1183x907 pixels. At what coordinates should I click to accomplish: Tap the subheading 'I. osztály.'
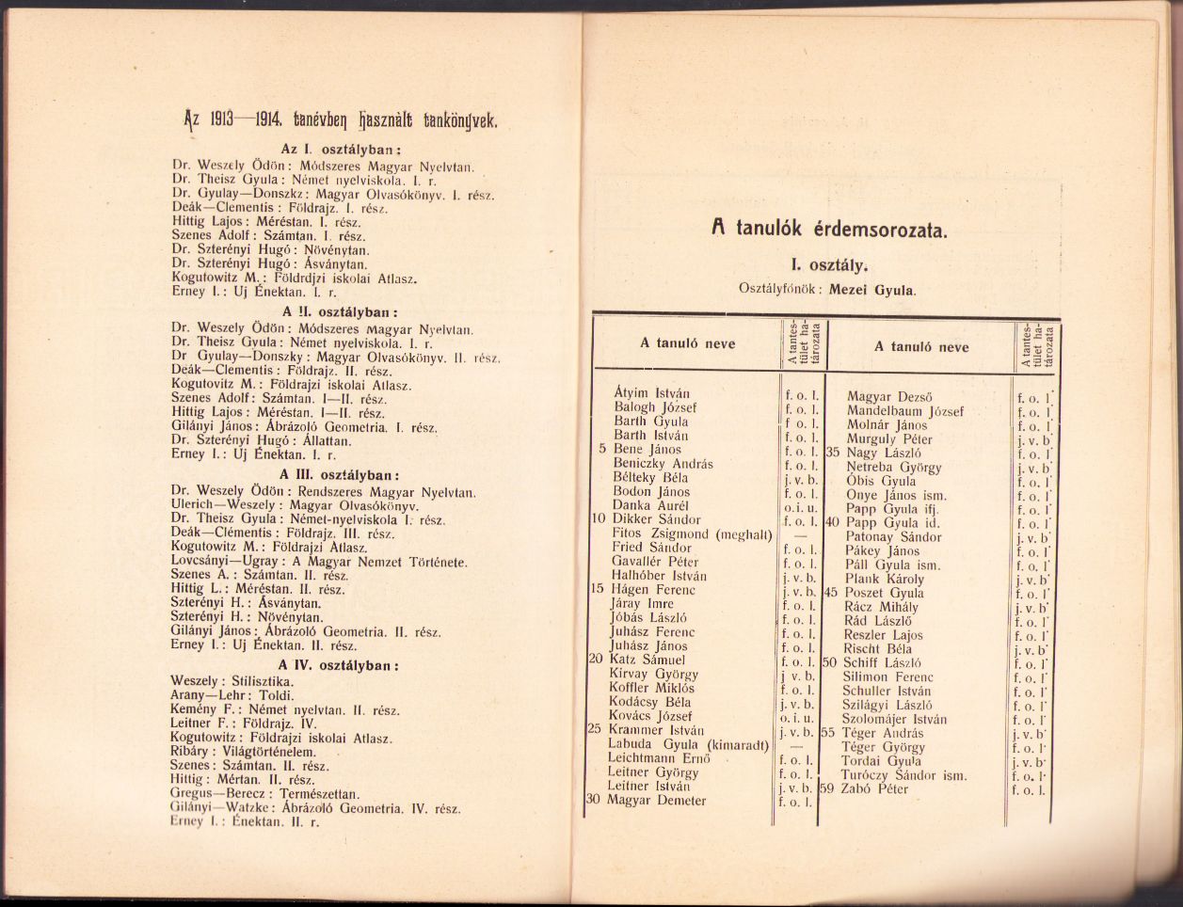(x=828, y=265)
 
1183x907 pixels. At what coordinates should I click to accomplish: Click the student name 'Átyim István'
(x=651, y=394)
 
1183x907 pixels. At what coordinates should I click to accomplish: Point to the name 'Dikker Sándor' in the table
(x=656, y=519)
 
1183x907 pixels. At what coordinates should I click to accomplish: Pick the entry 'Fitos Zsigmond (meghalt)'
(x=691, y=533)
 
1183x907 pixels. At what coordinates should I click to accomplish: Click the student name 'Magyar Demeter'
(x=658, y=800)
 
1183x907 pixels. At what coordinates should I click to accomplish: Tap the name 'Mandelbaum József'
(x=904, y=411)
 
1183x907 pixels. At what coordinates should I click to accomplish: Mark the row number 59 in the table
(x=828, y=788)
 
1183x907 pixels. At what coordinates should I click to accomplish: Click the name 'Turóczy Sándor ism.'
(x=904, y=775)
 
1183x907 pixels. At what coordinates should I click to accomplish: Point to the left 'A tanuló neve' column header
(x=687, y=343)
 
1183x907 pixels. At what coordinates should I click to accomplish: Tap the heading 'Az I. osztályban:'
(x=342, y=149)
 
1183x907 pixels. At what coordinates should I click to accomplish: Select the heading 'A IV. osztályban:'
(x=339, y=664)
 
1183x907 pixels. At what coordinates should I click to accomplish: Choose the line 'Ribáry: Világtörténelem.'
(x=243, y=751)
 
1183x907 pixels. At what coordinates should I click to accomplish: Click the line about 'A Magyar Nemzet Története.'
(x=319, y=562)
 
